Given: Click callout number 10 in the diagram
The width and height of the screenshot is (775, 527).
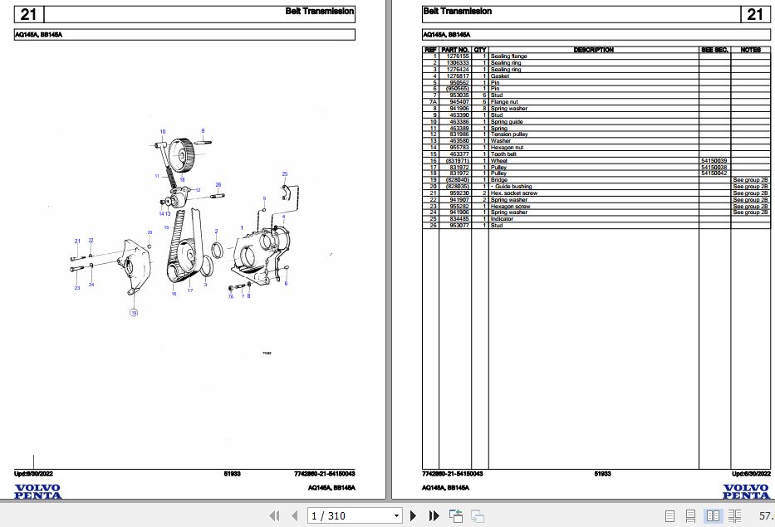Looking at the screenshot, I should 163,132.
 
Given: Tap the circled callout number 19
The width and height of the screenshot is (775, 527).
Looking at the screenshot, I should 133,312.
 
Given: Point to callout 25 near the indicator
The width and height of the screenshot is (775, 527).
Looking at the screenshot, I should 285,173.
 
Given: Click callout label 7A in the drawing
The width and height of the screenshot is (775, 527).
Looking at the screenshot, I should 230,295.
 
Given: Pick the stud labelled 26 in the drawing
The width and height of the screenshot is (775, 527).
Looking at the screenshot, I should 218,196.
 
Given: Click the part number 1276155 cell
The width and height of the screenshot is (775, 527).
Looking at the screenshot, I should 455,56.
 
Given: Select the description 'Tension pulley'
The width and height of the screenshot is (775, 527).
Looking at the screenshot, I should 509,134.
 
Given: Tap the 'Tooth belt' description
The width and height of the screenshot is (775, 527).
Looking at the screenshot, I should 503,154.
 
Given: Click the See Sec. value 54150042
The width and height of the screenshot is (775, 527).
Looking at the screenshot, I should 714,173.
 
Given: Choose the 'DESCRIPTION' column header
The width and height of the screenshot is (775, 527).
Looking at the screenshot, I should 593,50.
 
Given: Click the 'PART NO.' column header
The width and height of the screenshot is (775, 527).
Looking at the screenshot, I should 455,50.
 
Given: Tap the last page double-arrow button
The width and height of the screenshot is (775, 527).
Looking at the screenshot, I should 434,516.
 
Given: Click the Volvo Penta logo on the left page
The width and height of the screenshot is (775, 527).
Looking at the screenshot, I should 37,491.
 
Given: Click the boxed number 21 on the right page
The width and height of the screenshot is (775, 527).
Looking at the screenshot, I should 754,14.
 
